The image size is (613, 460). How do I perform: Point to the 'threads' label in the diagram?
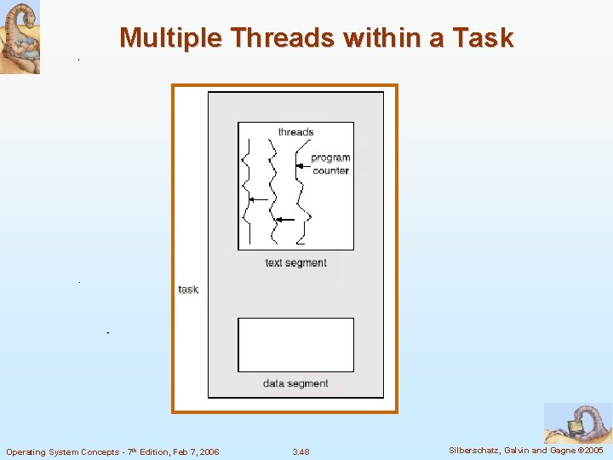[295, 132]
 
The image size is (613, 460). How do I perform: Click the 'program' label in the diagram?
[330, 158]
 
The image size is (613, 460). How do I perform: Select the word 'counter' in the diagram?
[330, 170]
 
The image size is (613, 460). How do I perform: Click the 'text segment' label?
[295, 262]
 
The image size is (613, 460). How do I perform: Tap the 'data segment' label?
[295, 383]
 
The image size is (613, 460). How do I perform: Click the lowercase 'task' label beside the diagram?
[188, 290]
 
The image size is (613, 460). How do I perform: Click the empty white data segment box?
[295, 344]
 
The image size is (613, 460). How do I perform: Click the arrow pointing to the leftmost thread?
[259, 199]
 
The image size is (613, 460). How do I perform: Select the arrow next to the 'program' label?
[302, 164]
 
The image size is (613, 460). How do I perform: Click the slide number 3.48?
[301, 451]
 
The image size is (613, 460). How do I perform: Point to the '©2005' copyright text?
[589, 450]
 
